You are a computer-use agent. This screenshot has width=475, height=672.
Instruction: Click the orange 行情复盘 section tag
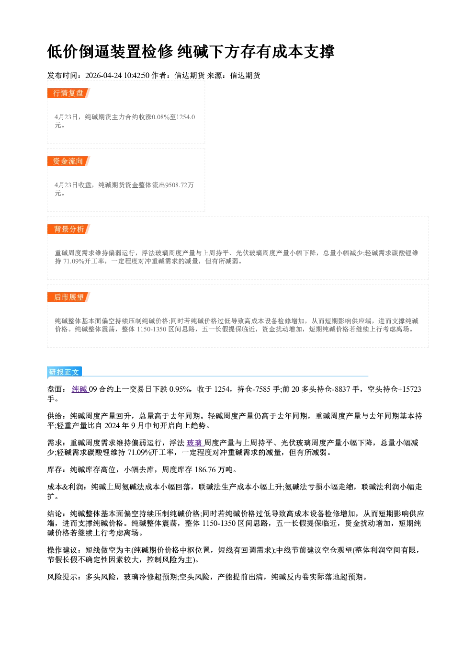68,93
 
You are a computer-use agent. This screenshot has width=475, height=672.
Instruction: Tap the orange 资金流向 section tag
68,161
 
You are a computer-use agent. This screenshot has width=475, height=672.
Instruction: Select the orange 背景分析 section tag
68,229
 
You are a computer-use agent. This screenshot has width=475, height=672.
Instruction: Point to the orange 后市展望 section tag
68,297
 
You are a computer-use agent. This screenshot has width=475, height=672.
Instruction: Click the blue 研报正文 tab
64,372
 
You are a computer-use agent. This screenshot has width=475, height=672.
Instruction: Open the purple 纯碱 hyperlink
80,389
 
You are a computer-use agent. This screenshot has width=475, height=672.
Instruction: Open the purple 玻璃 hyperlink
195,443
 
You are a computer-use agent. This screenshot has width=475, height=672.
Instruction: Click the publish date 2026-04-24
103,76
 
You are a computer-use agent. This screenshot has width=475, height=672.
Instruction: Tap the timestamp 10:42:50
136,76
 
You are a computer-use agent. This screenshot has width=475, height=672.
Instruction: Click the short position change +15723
409,389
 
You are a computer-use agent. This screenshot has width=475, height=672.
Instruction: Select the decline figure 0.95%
180,389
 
